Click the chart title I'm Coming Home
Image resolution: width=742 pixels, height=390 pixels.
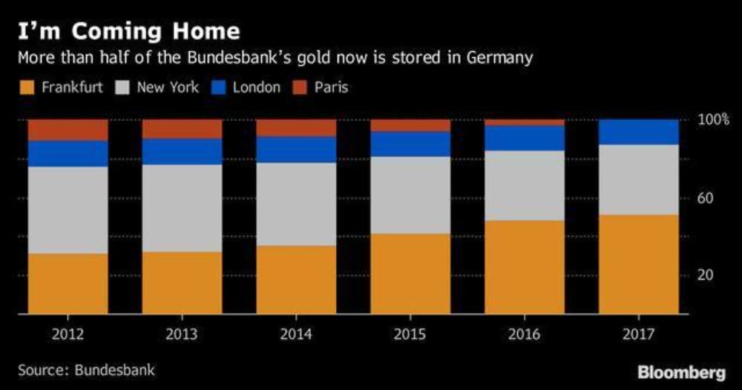click(x=129, y=32)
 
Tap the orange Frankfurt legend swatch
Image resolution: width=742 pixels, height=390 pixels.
click(x=27, y=87)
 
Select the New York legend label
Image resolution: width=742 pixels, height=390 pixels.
click(x=168, y=87)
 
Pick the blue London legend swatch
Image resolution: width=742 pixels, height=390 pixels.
click(x=218, y=87)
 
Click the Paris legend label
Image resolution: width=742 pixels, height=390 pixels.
click(x=331, y=87)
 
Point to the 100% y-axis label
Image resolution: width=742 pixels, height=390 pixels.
click(x=714, y=119)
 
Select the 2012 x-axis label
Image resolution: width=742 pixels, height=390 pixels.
click(x=68, y=334)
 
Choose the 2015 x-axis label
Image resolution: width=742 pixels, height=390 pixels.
click(x=410, y=334)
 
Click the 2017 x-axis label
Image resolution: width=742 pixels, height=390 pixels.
click(x=638, y=334)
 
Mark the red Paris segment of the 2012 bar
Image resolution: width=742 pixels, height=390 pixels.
click(x=68, y=130)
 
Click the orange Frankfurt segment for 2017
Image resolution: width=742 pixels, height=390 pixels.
click(x=638, y=264)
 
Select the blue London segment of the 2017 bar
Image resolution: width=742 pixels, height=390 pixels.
click(x=638, y=132)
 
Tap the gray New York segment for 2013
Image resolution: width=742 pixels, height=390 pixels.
click(x=182, y=208)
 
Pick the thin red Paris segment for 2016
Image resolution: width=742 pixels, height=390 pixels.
click(x=525, y=122)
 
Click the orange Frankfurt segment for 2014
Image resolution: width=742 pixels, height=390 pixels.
click(x=296, y=280)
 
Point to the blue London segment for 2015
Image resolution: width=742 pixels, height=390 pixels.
click(x=410, y=144)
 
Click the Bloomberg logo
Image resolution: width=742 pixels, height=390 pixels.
click(x=680, y=371)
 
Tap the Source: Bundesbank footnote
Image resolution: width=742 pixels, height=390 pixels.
click(x=87, y=369)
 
